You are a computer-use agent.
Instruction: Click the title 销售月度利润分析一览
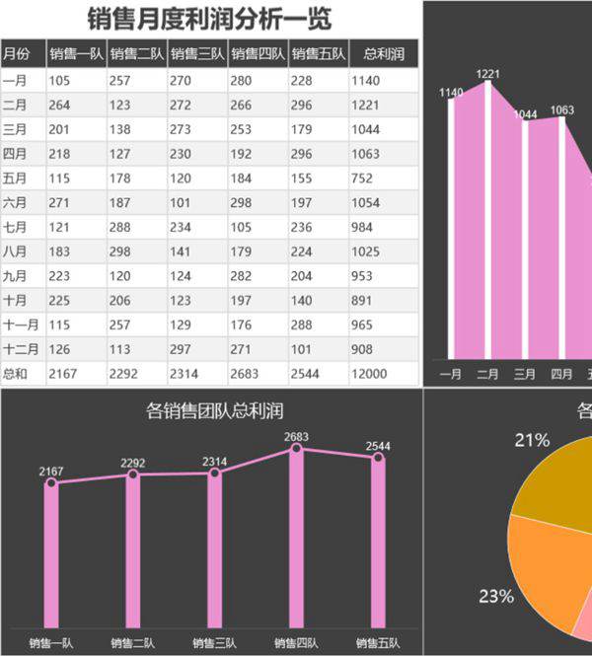209,19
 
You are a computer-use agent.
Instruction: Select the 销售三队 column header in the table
197,54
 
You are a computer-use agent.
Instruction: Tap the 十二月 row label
21,348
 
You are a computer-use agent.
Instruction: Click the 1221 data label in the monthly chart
487,74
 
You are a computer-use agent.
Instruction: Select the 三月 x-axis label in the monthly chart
525,374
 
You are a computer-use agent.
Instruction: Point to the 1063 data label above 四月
561,110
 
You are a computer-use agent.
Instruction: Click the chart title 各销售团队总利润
214,411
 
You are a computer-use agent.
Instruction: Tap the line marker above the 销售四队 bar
296,449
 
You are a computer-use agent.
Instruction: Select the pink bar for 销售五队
378,543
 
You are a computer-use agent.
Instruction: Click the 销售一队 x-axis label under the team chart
51,643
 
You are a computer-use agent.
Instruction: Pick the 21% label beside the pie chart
532,441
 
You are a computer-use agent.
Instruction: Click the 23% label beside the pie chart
495,596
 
